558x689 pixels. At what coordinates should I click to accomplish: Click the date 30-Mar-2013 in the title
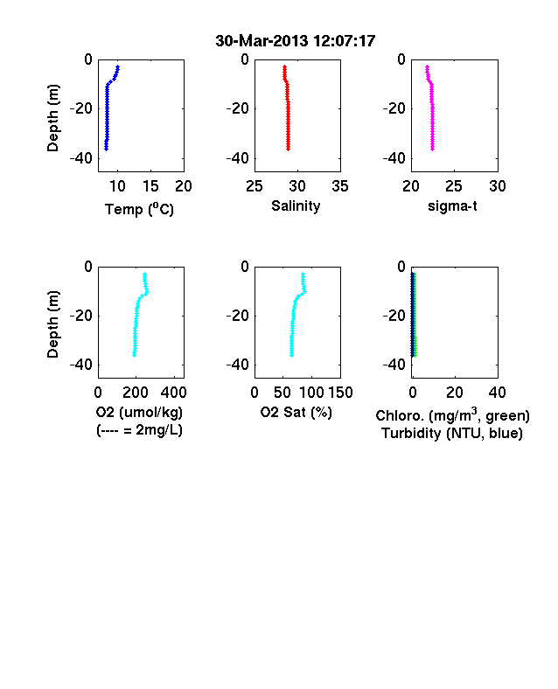(262, 41)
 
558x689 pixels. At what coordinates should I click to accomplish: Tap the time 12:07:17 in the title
(344, 41)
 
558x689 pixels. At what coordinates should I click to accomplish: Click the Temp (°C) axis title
(139, 209)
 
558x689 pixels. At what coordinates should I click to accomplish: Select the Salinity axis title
(296, 205)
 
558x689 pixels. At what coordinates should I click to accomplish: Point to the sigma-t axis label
(452, 205)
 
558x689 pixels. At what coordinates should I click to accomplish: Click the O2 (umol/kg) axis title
(139, 412)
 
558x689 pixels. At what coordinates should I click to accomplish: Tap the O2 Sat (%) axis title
(296, 412)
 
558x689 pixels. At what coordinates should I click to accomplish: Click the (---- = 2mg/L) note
(139, 429)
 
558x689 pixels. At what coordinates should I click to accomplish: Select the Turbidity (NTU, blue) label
(452, 434)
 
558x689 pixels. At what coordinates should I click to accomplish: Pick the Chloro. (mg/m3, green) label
(452, 414)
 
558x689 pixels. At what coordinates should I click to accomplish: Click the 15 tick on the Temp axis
(150, 186)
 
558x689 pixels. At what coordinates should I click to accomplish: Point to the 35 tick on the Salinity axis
(340, 186)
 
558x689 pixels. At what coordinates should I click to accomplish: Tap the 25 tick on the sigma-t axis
(453, 186)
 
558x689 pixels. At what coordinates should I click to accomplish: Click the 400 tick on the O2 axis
(173, 393)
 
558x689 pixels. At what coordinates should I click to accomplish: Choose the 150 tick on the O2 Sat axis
(340, 393)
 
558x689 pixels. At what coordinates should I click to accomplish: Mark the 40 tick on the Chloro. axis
(497, 393)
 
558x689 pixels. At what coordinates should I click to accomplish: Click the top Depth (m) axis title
(52, 118)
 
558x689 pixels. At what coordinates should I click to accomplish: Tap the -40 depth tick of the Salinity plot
(238, 157)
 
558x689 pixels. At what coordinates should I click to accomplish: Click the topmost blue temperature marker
(118, 66)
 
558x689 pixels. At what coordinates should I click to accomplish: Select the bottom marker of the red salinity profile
(289, 149)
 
